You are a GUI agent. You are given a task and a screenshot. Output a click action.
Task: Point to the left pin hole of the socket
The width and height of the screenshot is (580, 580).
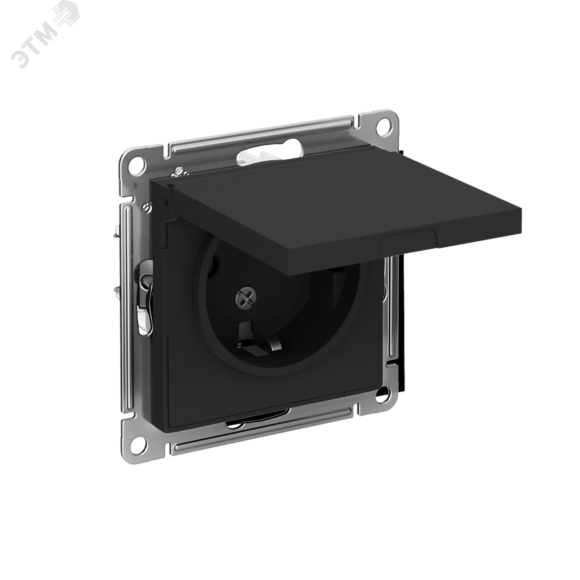click(x=213, y=265)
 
